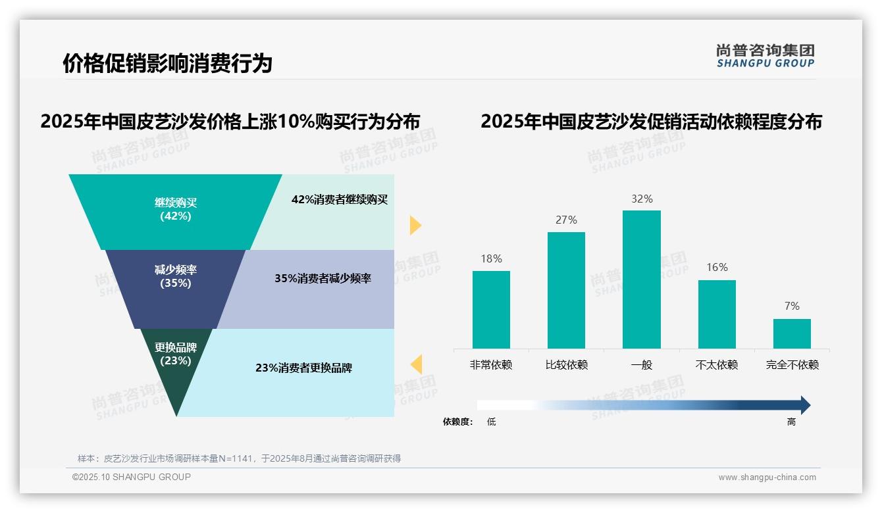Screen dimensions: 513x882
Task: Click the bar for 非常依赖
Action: pyautogui.click(x=491, y=309)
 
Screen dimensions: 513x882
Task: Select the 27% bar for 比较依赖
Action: pyautogui.click(x=566, y=290)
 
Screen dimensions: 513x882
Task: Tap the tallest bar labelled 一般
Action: pyautogui.click(x=641, y=279)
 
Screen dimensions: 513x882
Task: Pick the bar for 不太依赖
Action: pyautogui.click(x=717, y=314)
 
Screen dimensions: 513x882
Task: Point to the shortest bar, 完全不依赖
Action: pyautogui.click(x=792, y=333)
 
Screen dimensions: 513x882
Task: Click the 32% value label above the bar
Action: pyautogui.click(x=642, y=199)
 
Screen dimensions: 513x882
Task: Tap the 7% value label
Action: pyautogui.click(x=792, y=306)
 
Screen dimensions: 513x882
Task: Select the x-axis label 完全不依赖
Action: pyautogui.click(x=792, y=365)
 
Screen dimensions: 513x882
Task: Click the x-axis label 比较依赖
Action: pyautogui.click(x=566, y=365)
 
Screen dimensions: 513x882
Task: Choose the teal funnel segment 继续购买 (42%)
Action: pyautogui.click(x=175, y=210)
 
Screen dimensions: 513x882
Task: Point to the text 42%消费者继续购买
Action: pyautogui.click(x=340, y=200)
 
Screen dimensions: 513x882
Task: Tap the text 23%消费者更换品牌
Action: pyautogui.click(x=303, y=368)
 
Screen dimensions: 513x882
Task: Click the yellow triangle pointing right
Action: pyautogui.click(x=415, y=225)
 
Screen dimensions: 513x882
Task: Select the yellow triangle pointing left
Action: pyautogui.click(x=416, y=364)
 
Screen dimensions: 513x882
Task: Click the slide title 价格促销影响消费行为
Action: pyautogui.click(x=167, y=64)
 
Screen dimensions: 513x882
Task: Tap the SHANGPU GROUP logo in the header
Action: pyautogui.click(x=765, y=56)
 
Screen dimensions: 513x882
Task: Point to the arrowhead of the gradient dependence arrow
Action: pyautogui.click(x=804, y=405)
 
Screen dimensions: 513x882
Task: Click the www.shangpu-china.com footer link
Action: pyautogui.click(x=767, y=477)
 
